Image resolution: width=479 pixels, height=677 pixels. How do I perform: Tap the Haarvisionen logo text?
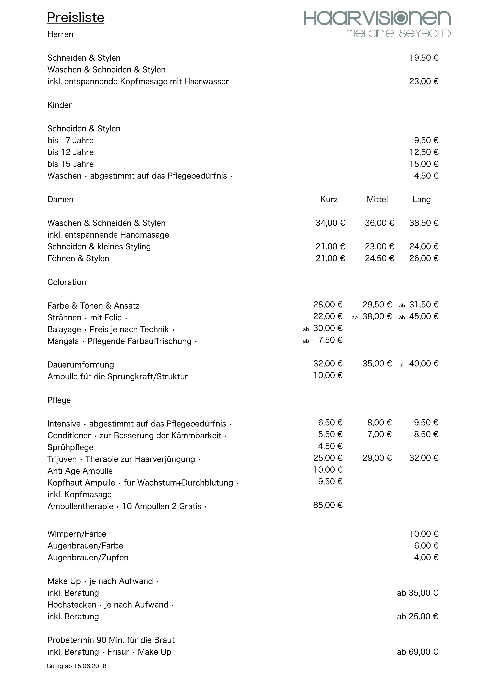point(377,18)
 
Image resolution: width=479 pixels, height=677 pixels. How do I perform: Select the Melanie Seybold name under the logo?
point(398,34)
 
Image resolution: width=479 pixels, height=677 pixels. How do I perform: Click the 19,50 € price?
point(424,58)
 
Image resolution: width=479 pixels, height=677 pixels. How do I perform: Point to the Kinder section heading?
point(60,105)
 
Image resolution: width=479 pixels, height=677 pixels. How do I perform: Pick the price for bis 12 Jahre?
point(424,152)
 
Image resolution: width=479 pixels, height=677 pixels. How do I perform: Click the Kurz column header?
point(329,199)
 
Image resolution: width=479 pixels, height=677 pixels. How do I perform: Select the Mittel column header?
point(377,199)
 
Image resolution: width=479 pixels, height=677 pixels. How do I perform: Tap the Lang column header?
point(421,200)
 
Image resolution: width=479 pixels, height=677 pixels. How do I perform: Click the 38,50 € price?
point(424,223)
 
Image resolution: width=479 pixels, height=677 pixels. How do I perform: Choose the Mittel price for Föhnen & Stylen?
point(379,258)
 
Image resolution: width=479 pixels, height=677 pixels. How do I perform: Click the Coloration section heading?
point(67,282)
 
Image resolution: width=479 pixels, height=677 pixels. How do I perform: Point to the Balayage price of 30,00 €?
point(328,328)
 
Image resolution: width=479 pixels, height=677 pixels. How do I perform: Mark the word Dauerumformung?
point(81,365)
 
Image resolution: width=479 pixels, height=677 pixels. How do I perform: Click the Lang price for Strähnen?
point(424,316)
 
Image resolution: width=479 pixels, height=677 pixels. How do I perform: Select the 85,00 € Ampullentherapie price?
point(328,505)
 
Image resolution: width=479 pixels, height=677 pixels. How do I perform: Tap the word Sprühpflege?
point(70,447)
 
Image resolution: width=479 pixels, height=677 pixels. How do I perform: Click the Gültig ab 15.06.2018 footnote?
point(76,666)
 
